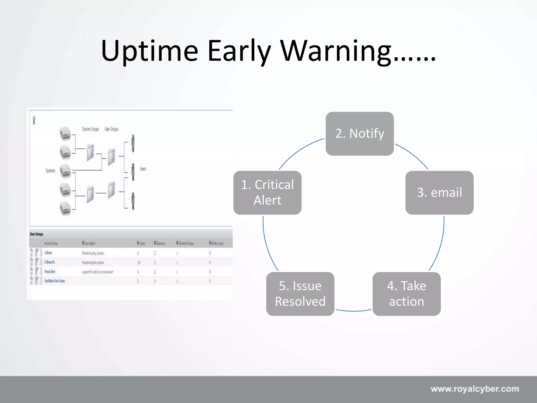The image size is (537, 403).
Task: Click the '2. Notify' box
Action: click(359, 134)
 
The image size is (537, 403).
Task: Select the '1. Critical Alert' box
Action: click(267, 193)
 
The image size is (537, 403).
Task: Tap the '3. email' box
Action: click(439, 193)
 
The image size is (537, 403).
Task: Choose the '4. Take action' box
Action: click(406, 294)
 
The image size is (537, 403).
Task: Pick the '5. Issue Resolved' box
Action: click(300, 294)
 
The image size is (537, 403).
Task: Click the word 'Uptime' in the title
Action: click(149, 51)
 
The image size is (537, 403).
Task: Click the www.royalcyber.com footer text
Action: click(475, 389)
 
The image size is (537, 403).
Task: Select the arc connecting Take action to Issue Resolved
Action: click(353, 311)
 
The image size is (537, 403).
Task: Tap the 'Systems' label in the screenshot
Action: click(50, 171)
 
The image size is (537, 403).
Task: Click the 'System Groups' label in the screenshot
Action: click(90, 129)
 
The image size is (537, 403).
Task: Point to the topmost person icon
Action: click(133, 143)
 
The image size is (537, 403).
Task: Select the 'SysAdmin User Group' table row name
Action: click(55, 281)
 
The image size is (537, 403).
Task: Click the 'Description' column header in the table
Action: click(89, 243)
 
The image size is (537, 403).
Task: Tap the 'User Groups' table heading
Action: click(36, 234)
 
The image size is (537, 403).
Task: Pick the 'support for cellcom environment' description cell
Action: click(98, 272)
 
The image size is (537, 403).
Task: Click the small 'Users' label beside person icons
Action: click(143, 169)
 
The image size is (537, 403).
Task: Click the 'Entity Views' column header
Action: click(217, 243)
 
